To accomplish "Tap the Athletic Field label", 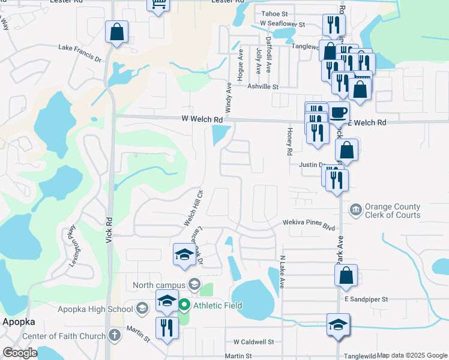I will [217, 305].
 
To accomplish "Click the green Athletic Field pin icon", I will [185, 305].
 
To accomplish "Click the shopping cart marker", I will [158, 4].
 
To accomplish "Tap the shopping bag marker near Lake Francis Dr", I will [116, 31].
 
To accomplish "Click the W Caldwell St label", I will [253, 341].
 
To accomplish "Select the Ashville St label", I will [264, 86].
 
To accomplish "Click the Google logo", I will [20, 353].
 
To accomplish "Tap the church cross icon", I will [114, 335].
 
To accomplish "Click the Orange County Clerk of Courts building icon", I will [355, 209].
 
